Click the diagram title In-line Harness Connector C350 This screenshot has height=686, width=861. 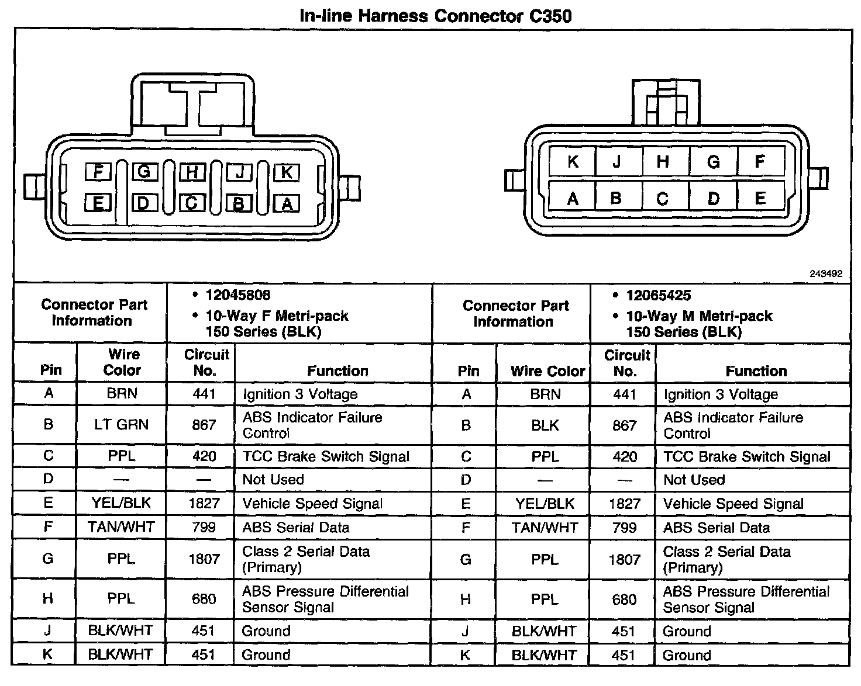click(435, 15)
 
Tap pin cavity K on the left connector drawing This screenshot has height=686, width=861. click(287, 172)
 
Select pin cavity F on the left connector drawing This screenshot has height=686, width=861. click(98, 172)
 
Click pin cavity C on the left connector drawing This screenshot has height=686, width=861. click(192, 203)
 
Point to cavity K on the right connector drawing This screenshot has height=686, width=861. click(573, 161)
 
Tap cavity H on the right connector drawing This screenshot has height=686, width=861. click(663, 161)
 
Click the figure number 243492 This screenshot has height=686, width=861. click(826, 273)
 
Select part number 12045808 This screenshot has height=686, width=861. click(237, 295)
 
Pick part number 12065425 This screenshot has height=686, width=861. click(658, 296)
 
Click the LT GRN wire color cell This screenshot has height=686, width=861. click(122, 425)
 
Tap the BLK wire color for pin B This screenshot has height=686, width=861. click(545, 425)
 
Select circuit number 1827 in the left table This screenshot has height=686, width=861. click(204, 503)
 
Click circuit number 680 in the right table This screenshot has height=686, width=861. click(624, 600)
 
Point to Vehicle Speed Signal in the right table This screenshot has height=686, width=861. click(733, 504)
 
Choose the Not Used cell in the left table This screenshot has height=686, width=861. click(273, 480)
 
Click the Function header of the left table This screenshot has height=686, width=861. click(337, 370)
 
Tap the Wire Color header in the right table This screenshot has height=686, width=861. click(547, 371)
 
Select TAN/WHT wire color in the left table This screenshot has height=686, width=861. click(121, 527)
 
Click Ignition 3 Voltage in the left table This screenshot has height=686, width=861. click(300, 394)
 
